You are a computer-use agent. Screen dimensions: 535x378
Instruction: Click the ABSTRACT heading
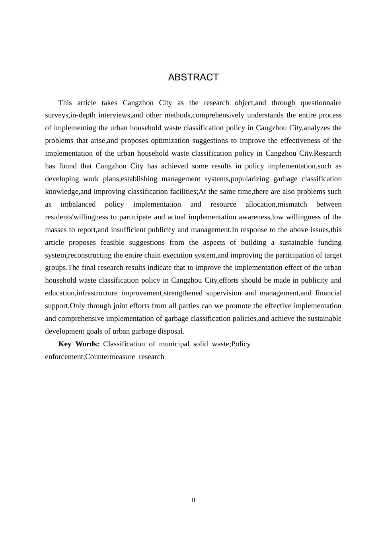click(193, 77)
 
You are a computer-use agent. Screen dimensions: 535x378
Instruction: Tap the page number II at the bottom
click(193, 500)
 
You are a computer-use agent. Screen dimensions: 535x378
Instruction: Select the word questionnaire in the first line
click(321, 103)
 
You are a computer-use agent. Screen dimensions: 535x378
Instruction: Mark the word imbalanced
click(78, 204)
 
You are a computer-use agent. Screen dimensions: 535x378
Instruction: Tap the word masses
click(56, 230)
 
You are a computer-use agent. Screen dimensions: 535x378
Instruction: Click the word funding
click(329, 242)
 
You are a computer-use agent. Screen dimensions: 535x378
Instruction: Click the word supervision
click(224, 293)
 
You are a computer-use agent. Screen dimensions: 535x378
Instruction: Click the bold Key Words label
click(79, 344)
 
